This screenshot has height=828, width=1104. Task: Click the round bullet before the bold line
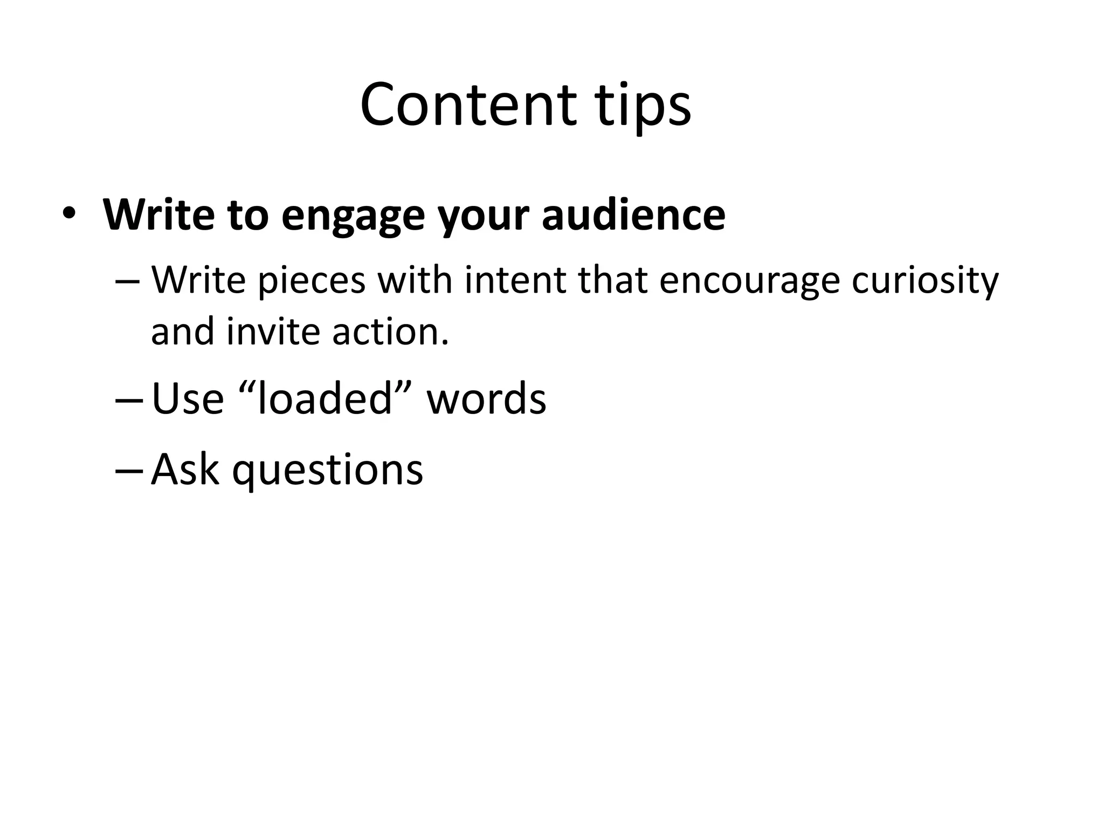(x=68, y=214)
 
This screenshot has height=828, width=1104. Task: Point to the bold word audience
(x=633, y=215)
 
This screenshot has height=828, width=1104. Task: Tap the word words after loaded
(x=486, y=398)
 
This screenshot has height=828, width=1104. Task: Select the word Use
(x=188, y=398)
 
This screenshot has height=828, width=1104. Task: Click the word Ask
(x=185, y=469)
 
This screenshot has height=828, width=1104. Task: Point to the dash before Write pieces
(x=128, y=282)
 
